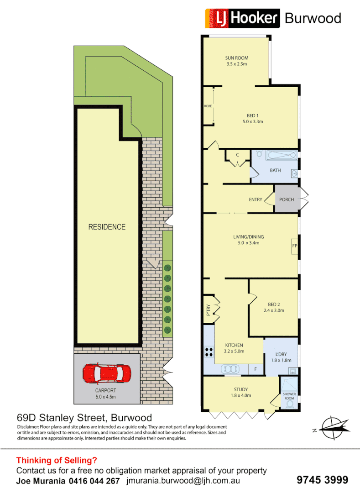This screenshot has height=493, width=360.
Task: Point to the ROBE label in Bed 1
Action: click(x=208, y=106)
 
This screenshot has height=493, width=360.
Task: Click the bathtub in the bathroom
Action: click(x=280, y=156)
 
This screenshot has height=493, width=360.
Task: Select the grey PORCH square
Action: click(x=287, y=199)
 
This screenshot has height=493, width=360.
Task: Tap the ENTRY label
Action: click(x=256, y=199)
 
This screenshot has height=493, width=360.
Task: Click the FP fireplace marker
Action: click(x=294, y=246)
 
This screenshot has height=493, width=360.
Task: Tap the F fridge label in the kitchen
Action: click(x=256, y=369)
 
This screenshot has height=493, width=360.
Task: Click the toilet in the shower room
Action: click(x=289, y=404)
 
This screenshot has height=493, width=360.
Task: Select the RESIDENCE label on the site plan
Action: click(x=107, y=227)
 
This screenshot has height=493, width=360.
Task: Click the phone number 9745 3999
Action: click(x=322, y=480)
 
